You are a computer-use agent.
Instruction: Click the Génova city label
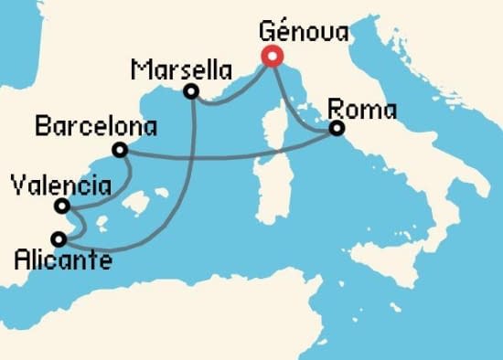pos(305,32)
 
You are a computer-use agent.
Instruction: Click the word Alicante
pos(63,262)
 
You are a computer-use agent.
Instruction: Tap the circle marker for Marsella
pos(191,91)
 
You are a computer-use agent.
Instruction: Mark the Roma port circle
pos(337,129)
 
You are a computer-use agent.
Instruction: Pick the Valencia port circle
pos(61,206)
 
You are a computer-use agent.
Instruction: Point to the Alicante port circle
pos(59,239)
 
